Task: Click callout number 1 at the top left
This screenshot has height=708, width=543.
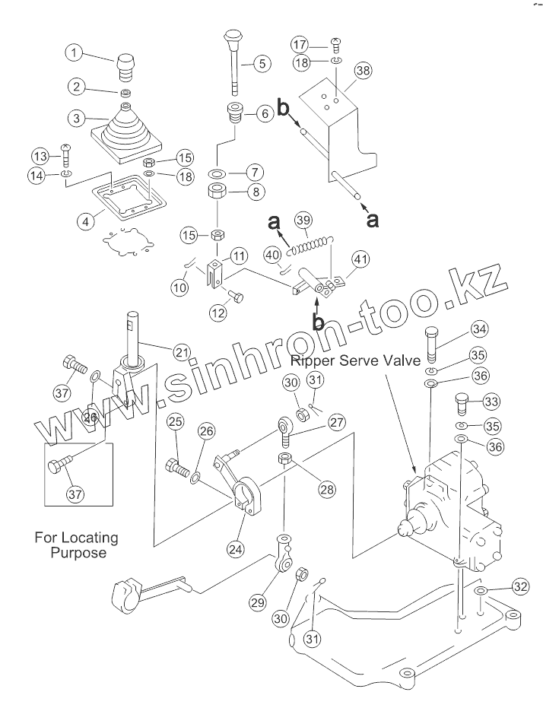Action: pyautogui.click(x=75, y=52)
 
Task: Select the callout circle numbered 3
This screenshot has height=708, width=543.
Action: pyautogui.click(x=75, y=118)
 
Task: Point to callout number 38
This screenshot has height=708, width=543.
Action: pyautogui.click(x=364, y=70)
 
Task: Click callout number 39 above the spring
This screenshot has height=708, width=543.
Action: pyautogui.click(x=303, y=221)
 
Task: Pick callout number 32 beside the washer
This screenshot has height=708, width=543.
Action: pyautogui.click(x=519, y=586)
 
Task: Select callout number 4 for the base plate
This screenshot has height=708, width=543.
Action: pyautogui.click(x=87, y=221)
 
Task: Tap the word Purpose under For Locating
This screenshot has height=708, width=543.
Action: pyautogui.click(x=78, y=553)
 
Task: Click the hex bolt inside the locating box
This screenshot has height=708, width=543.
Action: pyautogui.click(x=60, y=465)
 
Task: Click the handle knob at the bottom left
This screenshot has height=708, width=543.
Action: pyautogui.click(x=124, y=592)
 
